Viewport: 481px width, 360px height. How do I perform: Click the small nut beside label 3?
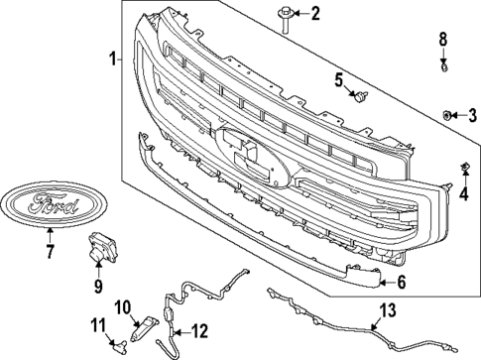coord(448,116)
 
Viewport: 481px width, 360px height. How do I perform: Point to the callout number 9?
coord(99,288)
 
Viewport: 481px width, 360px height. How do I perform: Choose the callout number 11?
coord(97,325)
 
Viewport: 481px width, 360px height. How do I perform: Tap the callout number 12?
coord(198,330)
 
